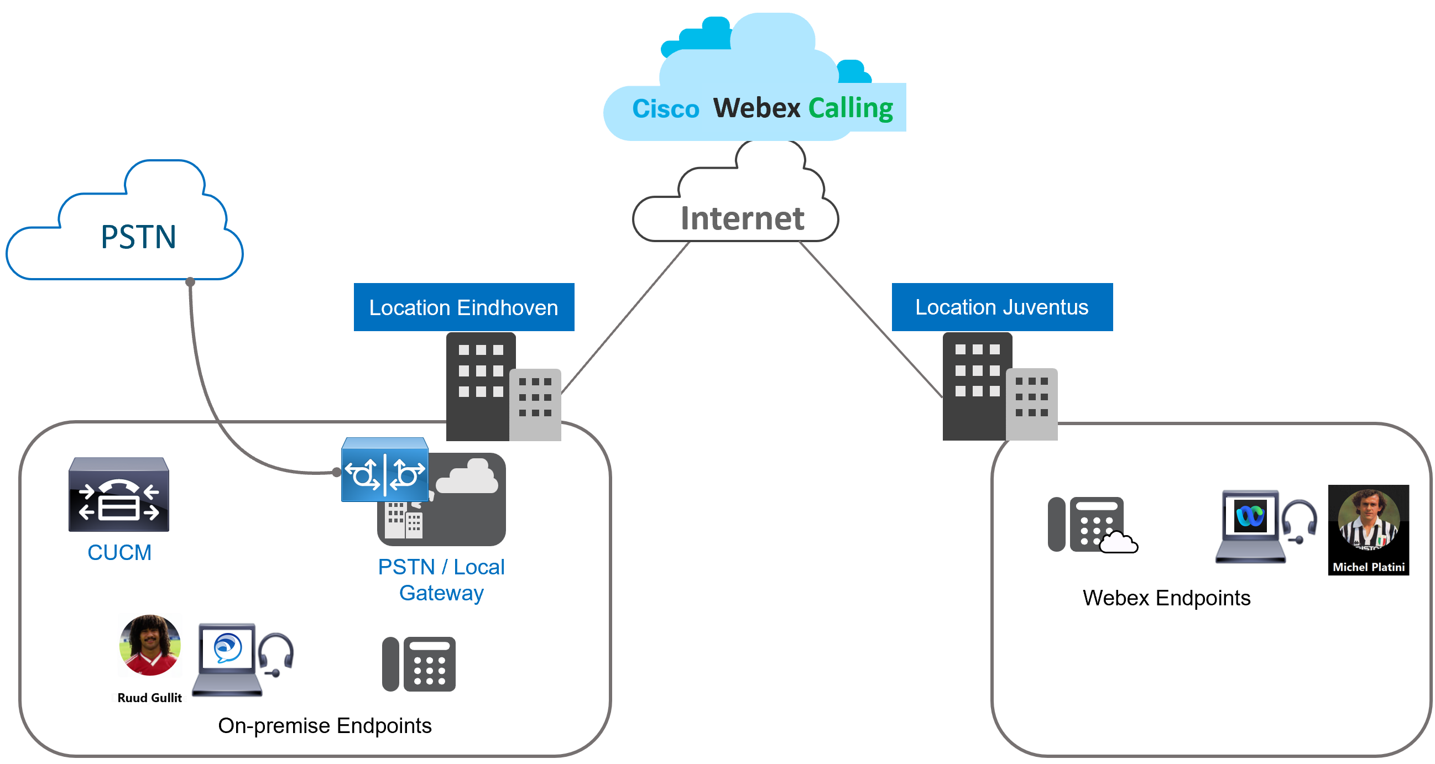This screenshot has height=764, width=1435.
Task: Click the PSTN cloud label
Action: click(138, 237)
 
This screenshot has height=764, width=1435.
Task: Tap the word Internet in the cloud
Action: click(742, 218)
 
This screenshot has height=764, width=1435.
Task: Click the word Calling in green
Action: click(850, 108)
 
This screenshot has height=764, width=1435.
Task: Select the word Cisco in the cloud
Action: click(665, 109)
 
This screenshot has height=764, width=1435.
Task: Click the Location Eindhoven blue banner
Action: click(463, 307)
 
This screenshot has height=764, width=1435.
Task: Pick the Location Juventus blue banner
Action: click(1001, 307)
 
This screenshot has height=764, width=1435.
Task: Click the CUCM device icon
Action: click(119, 494)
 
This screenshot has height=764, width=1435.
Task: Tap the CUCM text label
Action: click(119, 552)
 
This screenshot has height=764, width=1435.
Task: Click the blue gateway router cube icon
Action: click(384, 470)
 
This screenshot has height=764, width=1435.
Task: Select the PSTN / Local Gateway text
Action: click(441, 580)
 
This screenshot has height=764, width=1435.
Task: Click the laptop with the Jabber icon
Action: click(227, 660)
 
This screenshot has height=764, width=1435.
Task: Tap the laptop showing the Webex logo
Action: click(1250, 526)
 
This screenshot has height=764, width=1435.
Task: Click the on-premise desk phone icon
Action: click(419, 664)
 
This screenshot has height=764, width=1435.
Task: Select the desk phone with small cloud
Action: click(1086, 525)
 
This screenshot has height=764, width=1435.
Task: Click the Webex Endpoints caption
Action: click(1166, 598)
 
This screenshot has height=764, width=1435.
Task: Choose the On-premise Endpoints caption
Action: click(324, 725)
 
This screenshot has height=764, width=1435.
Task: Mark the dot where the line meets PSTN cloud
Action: click(191, 282)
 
